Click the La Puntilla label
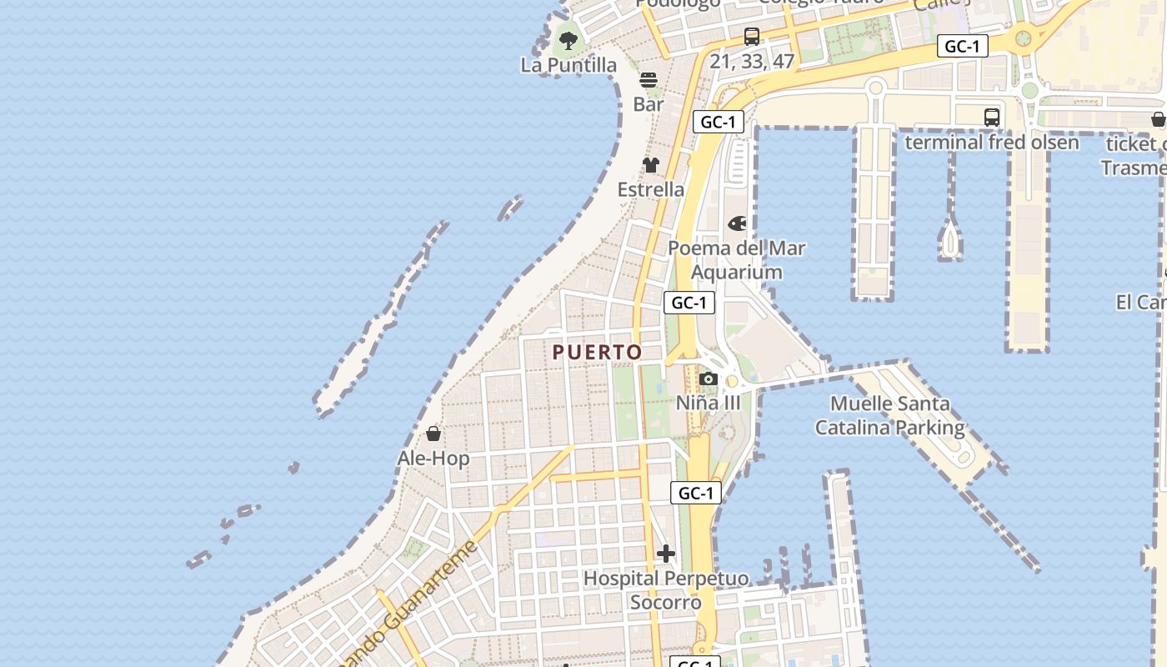[568, 65]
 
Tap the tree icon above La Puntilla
[568, 40]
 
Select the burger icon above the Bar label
[649, 80]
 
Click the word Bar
[649, 104]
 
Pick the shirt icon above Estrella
[651, 165]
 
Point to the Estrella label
[651, 189]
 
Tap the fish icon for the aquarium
[738, 223]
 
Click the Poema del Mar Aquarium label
[737, 260]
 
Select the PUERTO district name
[598, 353]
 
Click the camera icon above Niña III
[709, 379]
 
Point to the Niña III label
[708, 403]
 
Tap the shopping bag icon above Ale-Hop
[433, 434]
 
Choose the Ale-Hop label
[433, 459]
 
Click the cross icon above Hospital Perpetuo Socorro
[666, 554]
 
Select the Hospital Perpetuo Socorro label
[666, 590]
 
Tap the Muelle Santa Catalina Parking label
[890, 416]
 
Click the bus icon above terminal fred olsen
[992, 118]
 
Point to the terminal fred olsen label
[992, 142]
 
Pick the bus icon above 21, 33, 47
[752, 37]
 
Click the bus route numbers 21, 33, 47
[752, 61]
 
